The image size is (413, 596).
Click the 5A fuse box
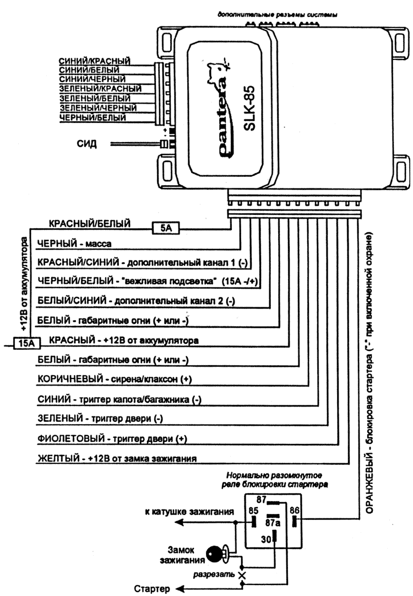point(166,228)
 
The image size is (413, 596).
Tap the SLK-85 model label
point(249,108)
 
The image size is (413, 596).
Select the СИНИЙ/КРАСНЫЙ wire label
point(95,61)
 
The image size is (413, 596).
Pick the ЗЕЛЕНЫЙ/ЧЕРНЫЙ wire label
point(98,108)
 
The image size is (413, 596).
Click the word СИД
point(86,144)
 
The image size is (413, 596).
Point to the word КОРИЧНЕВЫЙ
point(70,379)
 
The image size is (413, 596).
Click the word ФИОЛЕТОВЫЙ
point(71,438)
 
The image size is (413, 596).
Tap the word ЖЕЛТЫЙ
point(58,458)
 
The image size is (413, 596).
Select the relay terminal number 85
point(253,511)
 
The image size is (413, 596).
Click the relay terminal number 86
point(295,510)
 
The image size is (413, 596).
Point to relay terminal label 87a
point(273,523)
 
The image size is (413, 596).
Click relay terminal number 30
point(266,539)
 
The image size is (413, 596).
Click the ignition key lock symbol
point(217,554)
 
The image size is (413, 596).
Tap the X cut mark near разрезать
point(242,576)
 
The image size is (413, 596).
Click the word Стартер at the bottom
point(152,589)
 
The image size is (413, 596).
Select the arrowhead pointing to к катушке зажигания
point(179,523)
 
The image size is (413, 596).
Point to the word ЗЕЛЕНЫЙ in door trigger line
point(60,419)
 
